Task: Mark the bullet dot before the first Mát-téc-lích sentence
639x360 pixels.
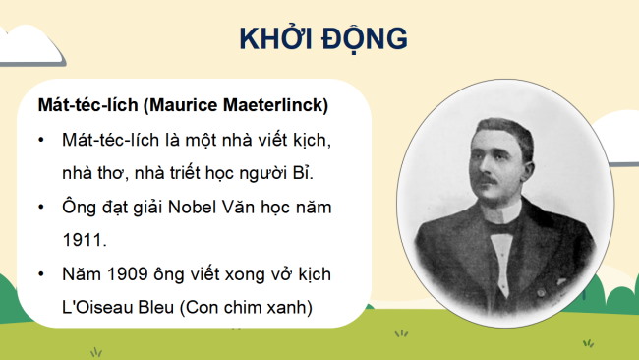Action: click(41, 142)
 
